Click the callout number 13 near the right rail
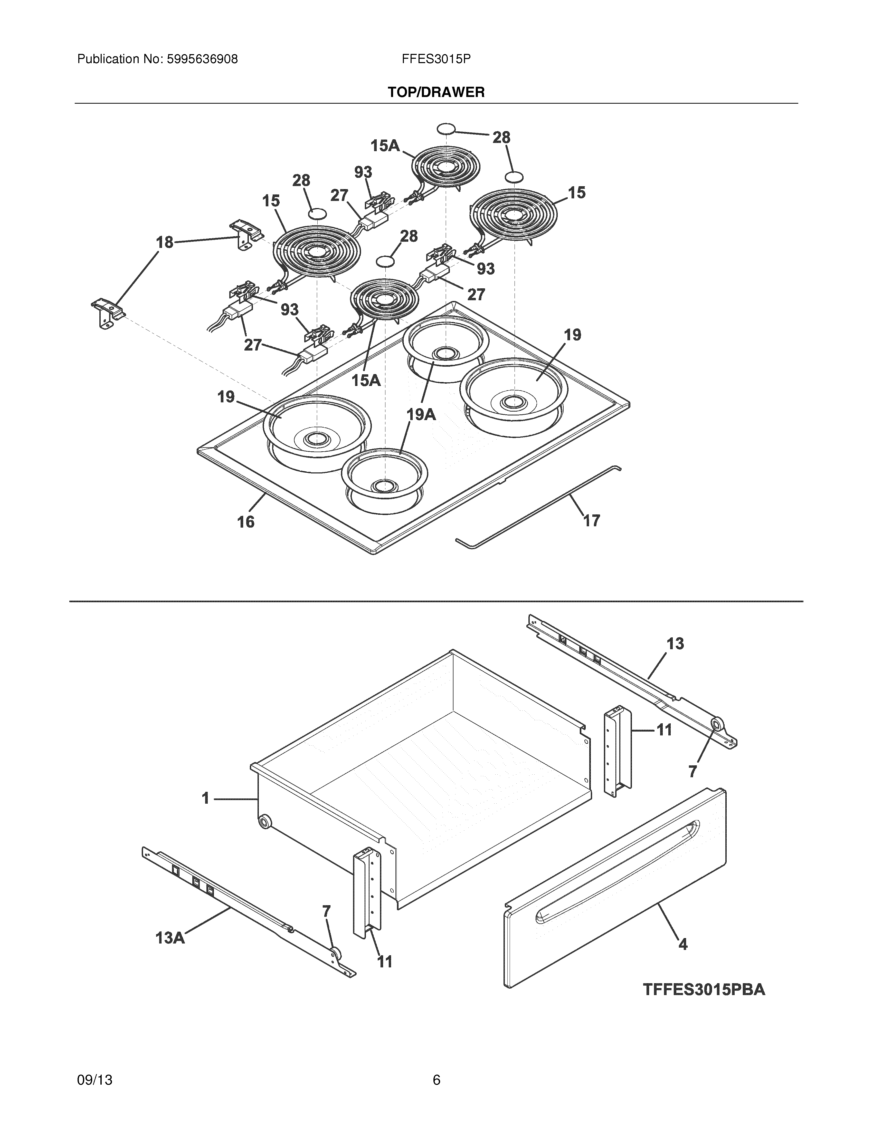click(675, 644)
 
